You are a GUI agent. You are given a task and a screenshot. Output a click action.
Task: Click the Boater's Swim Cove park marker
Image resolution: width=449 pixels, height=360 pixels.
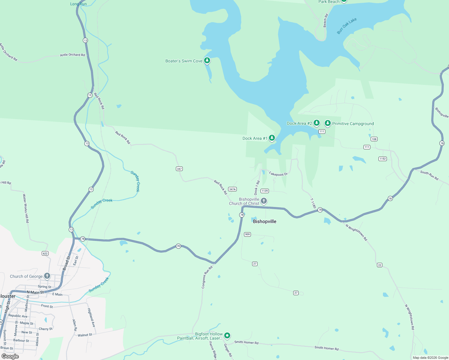[x=207, y=61]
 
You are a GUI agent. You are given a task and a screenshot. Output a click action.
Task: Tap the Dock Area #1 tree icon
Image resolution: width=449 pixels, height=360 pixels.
[x=272, y=138]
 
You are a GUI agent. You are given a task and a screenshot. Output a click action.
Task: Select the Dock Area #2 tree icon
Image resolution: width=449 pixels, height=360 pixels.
[x=316, y=123]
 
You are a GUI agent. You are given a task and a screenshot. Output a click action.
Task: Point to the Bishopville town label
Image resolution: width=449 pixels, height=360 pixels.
[x=264, y=221]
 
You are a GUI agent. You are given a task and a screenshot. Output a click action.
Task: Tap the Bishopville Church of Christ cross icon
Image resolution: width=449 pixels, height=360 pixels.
[x=264, y=201]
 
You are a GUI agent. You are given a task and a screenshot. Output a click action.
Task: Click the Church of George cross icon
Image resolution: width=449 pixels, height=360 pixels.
[x=47, y=276]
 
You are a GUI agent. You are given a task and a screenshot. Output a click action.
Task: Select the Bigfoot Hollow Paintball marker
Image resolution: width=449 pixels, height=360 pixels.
[x=227, y=335]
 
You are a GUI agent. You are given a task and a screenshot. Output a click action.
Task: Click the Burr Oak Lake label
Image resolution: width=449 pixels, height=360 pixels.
[x=347, y=26]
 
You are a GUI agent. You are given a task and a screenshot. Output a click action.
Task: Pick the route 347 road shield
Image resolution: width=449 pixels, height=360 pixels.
[x=179, y=169]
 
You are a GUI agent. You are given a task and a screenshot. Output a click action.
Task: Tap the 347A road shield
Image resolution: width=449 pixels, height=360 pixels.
[x=232, y=189]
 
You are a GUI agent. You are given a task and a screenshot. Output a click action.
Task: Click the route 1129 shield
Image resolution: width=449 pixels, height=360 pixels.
[x=264, y=191]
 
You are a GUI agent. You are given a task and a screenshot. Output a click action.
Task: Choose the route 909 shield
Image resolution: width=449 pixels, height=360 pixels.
[x=247, y=234]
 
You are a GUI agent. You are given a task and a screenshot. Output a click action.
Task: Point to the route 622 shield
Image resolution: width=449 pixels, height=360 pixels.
[x=45, y=253]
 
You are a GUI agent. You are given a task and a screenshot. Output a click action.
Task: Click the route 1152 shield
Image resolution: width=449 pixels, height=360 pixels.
[x=382, y=159]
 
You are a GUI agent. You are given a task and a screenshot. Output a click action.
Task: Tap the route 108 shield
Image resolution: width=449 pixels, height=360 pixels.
[x=374, y=139]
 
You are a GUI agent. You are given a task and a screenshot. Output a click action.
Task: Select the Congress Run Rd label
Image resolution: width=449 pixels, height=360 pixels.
[x=207, y=277]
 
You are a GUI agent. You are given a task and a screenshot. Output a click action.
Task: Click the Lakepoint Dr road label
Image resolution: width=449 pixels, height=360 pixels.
[x=278, y=174]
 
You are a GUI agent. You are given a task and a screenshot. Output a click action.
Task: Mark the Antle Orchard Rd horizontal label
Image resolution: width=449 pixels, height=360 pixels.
[x=72, y=55]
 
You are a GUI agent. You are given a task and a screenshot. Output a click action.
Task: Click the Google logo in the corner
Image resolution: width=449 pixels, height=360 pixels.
[x=10, y=356]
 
